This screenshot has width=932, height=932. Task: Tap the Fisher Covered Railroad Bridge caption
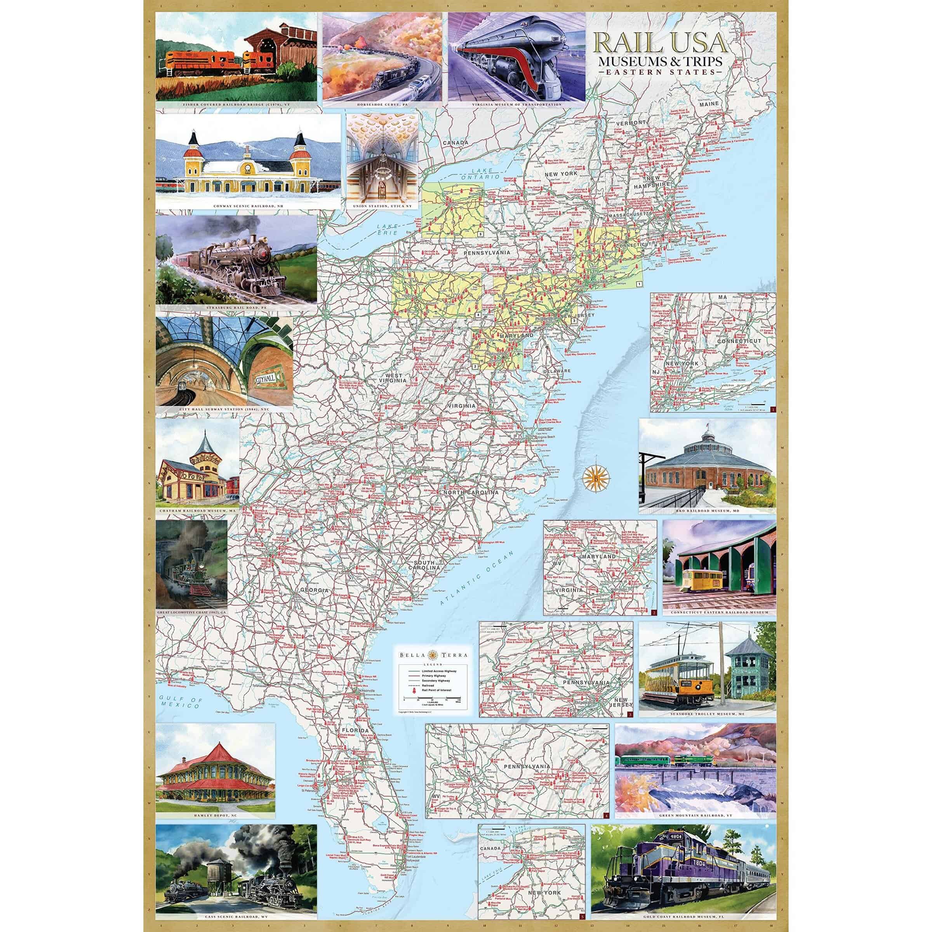[236, 104]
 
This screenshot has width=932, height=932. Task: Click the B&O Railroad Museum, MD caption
[707, 510]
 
